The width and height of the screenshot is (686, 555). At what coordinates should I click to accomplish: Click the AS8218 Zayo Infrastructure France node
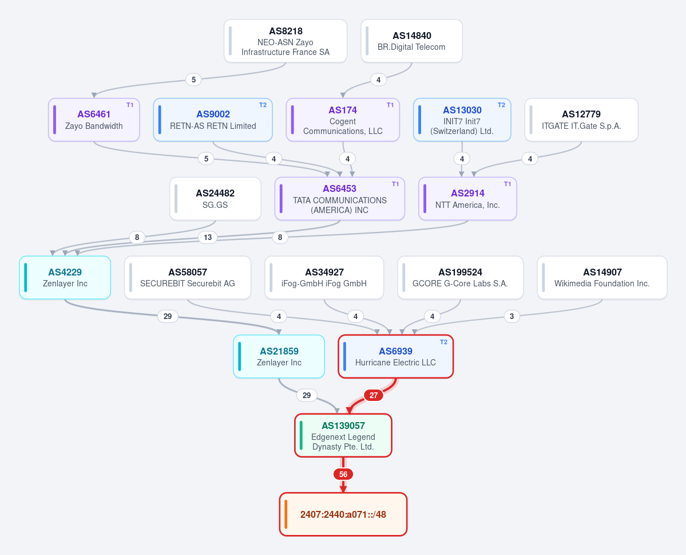coord(285,41)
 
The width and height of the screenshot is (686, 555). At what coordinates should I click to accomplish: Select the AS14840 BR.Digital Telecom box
coord(412,41)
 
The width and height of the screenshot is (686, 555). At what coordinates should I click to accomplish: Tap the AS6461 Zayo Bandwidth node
coord(94,120)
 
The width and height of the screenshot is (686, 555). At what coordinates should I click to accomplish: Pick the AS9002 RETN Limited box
coord(213,120)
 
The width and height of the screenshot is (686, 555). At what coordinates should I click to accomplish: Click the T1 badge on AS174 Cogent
coord(390,105)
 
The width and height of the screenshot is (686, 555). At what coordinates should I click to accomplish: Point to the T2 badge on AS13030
coord(501,105)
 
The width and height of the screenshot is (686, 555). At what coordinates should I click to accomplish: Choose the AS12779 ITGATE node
coord(581,120)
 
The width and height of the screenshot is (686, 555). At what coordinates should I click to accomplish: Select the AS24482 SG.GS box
coord(215,199)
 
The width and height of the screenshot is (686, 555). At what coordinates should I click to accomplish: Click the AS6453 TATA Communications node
coord(340,199)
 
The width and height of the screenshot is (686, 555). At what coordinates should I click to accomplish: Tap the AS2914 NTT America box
coord(467,199)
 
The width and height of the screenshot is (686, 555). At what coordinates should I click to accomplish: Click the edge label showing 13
coord(208,238)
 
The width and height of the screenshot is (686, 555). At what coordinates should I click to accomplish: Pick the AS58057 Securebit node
coord(188,278)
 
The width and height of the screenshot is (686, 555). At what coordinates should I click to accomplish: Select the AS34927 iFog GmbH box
coord(324,278)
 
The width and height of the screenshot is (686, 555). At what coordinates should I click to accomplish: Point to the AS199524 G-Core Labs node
coord(460,278)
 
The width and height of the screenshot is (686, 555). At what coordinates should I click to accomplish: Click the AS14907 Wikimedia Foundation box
coord(602,278)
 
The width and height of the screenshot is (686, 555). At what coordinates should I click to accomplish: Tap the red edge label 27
coord(374,396)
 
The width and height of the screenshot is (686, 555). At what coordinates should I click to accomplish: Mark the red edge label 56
coord(343,474)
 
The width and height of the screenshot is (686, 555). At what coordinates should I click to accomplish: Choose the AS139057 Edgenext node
coord(343,435)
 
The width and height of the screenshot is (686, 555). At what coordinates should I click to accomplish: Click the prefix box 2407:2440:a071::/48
coord(343,514)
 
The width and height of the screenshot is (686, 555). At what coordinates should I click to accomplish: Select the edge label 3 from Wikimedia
coord(512,316)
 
